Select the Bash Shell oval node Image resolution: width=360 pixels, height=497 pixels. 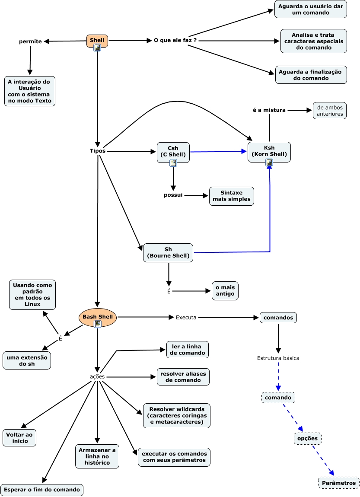click(98, 317)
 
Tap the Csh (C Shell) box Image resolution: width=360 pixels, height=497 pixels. click(173, 152)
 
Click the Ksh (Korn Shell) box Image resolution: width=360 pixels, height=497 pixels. click(269, 151)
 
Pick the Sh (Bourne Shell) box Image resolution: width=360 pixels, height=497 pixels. click(168, 252)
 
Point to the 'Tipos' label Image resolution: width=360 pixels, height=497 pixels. click(98, 151)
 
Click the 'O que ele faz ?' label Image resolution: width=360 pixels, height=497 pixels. click(175, 41)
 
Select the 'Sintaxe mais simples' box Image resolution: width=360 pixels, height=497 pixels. click(232, 196)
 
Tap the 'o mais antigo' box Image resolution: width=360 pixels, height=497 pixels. click(225, 290)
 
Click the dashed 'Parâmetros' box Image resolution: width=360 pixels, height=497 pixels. click(339, 483)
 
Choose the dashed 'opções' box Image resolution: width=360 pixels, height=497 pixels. click(308, 438)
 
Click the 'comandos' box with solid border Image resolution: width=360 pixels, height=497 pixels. click(278, 318)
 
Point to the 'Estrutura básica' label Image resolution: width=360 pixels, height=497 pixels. click(278, 358)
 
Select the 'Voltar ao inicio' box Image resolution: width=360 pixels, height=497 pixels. click(19, 437)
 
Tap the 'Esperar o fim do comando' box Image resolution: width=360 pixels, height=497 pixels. click(42, 490)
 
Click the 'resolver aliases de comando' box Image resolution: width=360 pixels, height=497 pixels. click(183, 376)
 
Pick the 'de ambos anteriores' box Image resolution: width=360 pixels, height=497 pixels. click(330, 111)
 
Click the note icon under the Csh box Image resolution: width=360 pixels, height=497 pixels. click(173, 163)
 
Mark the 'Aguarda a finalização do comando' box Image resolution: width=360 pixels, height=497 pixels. click(310, 75)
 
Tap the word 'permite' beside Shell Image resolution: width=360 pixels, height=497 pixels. click(31, 41)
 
